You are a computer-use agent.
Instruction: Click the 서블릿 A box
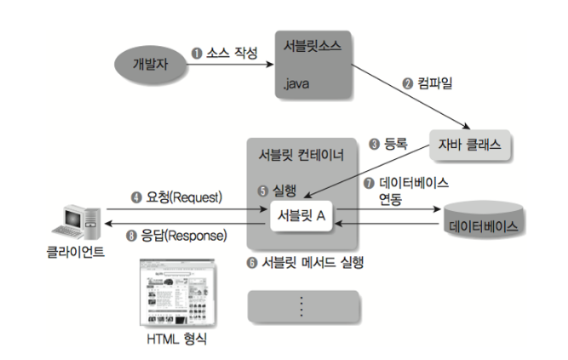297,215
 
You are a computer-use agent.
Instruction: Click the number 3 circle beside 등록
373,142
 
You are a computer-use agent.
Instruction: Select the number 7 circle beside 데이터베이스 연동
369,183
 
